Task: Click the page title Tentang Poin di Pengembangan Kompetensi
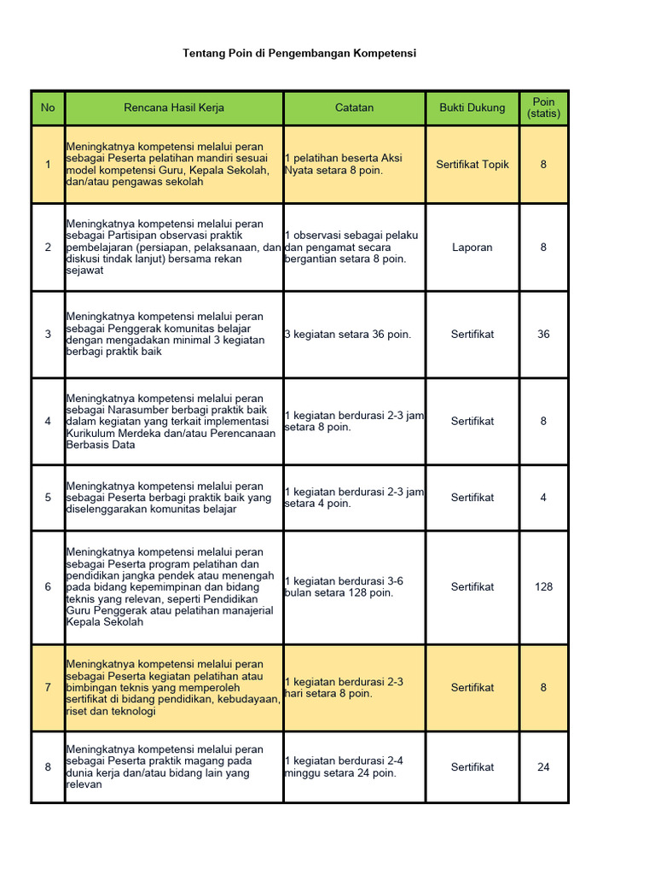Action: [299, 53]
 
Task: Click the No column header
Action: [48, 108]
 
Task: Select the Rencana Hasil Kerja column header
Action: [174, 108]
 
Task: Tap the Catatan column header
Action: [354, 108]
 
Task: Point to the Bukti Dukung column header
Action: [472, 108]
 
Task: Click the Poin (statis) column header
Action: [543, 108]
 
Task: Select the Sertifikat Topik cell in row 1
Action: [472, 164]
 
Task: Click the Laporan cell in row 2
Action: [472, 248]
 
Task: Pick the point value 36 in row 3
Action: [543, 335]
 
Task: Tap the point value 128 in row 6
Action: [543, 587]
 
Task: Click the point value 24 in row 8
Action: [543, 767]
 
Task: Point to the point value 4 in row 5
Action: [543, 498]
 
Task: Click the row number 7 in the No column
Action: [48, 688]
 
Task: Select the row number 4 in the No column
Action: [48, 422]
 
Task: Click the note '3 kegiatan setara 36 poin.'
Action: [348, 335]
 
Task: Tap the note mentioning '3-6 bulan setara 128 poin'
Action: [345, 587]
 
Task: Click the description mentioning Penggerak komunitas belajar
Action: [165, 335]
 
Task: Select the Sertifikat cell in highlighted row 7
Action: [472, 688]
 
